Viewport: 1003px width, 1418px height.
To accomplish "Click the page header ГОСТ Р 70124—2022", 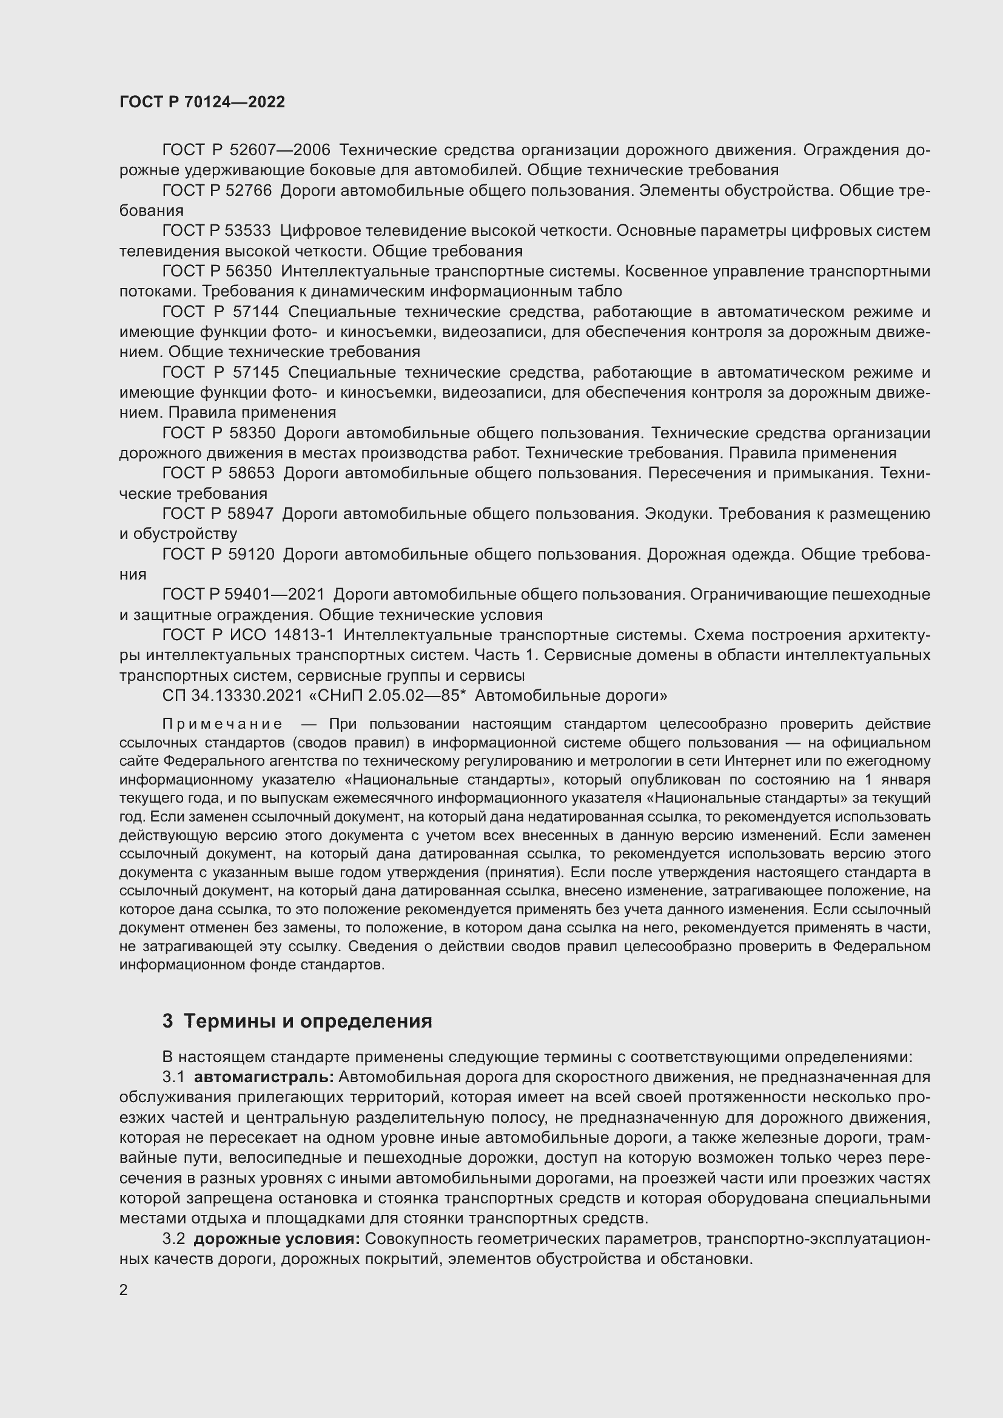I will click(x=202, y=102).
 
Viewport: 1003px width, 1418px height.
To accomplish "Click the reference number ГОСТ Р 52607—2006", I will click(x=246, y=150).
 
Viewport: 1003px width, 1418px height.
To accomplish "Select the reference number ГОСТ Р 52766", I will click(x=216, y=191).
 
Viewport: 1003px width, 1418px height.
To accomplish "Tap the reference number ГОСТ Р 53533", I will click(x=216, y=231).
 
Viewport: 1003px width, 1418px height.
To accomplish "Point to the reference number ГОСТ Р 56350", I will click(x=216, y=272).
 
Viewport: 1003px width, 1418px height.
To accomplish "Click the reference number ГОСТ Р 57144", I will click(x=221, y=312).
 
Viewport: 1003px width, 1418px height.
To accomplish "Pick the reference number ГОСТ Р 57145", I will click(x=221, y=372).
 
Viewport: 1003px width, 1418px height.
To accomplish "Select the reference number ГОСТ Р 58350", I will click(x=219, y=433).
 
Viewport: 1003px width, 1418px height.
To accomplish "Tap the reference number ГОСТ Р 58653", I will click(x=218, y=473).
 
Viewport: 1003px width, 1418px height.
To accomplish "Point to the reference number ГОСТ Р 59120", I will click(x=218, y=554).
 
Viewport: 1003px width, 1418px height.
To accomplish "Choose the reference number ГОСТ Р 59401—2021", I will click(x=243, y=594).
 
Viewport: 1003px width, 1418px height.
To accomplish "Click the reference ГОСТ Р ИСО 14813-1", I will click(x=247, y=635).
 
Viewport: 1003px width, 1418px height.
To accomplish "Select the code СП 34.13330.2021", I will click(x=232, y=695).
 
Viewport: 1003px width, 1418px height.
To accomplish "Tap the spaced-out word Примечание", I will click(x=223, y=724).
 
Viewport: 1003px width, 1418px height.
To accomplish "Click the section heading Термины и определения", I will click(x=307, y=1021).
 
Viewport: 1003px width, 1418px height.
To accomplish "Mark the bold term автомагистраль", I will click(x=264, y=1077).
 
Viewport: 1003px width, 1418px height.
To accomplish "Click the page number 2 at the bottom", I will click(x=124, y=1290).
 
